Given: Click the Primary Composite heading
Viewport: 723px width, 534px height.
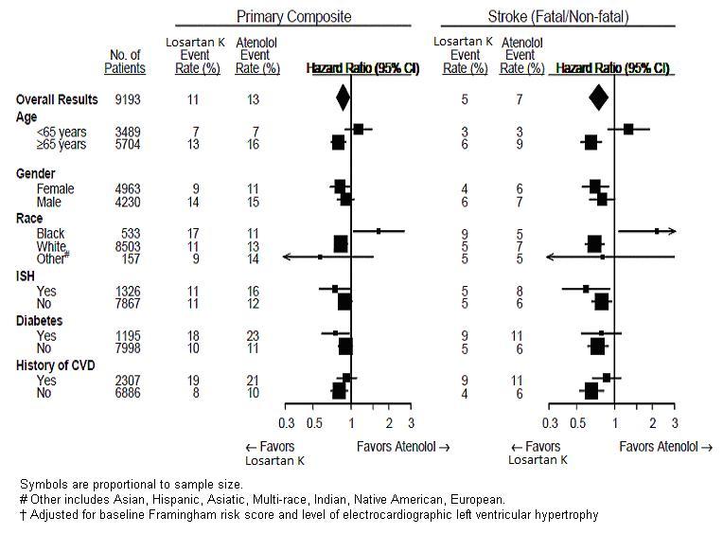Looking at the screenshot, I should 293,16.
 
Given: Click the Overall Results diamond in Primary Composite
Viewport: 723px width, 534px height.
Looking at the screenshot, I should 343,98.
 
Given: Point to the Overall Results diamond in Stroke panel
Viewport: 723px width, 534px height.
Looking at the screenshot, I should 598,98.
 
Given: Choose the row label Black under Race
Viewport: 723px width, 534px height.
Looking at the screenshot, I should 50,233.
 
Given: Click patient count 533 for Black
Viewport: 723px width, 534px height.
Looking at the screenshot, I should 134,233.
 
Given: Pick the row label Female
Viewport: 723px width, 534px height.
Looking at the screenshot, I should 55,189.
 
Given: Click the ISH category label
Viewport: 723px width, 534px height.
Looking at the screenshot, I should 26,276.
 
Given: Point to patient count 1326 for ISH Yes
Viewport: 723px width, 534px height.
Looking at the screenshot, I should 131,291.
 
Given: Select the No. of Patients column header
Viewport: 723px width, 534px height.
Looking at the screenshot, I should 125,62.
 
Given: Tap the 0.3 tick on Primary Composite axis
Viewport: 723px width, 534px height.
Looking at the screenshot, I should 286,422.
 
